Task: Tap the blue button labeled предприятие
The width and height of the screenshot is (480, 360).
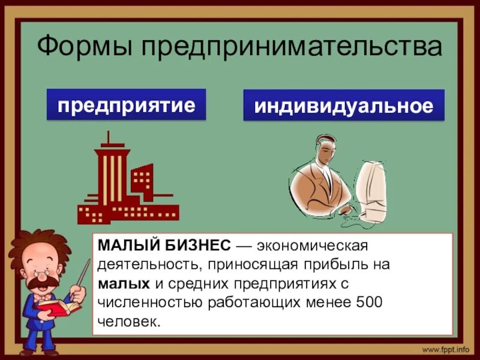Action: point(126,106)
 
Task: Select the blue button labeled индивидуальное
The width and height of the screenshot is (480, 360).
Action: point(343,106)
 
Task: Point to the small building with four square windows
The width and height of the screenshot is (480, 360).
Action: point(142,179)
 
